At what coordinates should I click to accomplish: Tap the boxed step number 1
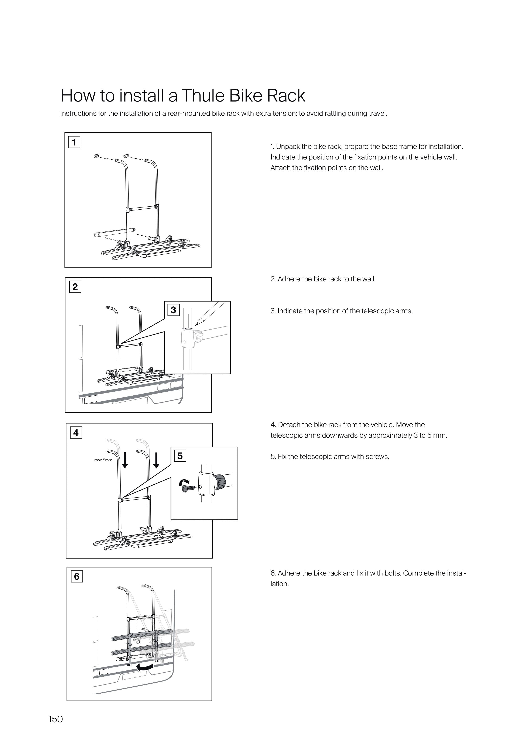pos(74,142)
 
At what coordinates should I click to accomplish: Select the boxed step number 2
pos(75,287)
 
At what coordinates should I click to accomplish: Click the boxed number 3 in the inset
pos(173,310)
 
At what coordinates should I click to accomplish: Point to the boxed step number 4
pos(76,433)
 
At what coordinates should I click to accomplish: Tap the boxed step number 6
pos(77,576)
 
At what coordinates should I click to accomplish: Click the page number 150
pos(55,719)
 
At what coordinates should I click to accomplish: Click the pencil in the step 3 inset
pos(208,312)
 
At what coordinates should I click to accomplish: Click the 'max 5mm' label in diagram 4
pos(103,460)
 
